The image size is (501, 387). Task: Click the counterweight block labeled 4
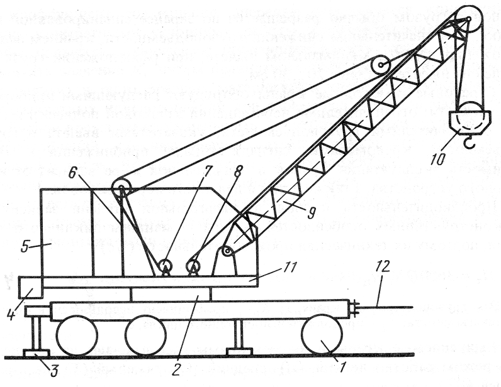30,287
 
